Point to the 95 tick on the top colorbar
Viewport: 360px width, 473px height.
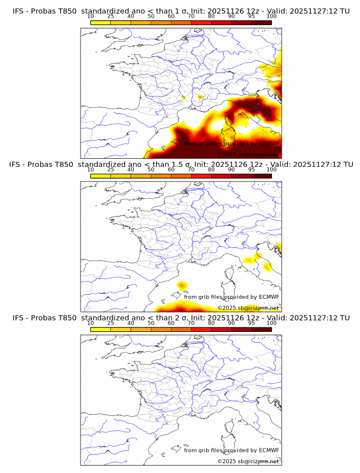[x=251, y=17]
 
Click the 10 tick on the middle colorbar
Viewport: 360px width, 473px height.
[x=91, y=170]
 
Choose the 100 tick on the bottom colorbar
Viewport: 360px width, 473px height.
[x=271, y=323]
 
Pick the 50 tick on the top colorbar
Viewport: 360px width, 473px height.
[x=151, y=17]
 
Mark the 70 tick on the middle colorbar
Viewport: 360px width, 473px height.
[x=191, y=170]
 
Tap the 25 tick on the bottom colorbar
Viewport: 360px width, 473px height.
[x=111, y=323]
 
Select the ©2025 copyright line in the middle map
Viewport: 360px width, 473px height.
[x=248, y=308]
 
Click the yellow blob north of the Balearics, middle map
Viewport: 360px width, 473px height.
[x=183, y=284]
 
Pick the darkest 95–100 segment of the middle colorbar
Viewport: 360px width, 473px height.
[x=261, y=175]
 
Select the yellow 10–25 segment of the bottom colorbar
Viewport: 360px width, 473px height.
[x=101, y=328]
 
